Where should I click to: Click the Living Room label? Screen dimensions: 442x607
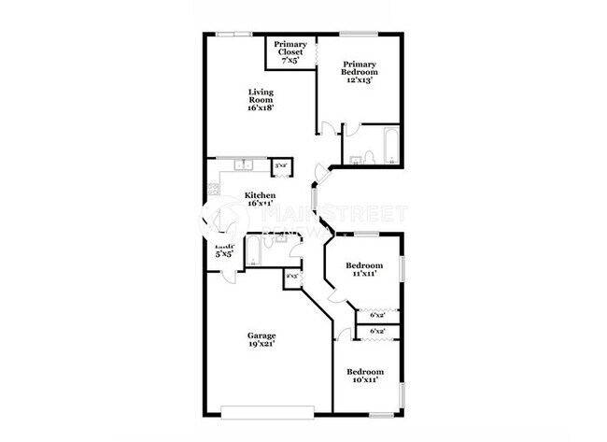pyautogui.click(x=261, y=100)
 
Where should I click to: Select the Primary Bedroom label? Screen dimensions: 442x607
pyautogui.click(x=360, y=72)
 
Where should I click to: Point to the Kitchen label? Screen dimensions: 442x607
pyautogui.click(x=260, y=201)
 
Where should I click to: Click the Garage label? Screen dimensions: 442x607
pyautogui.click(x=261, y=339)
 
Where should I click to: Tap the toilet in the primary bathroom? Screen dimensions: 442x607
pyautogui.click(x=369, y=156)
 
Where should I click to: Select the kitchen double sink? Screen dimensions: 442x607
pyautogui.click(x=245, y=166)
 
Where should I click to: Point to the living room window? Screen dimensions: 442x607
pyautogui.click(x=234, y=35)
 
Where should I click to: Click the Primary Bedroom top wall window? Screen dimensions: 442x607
pyautogui.click(x=359, y=35)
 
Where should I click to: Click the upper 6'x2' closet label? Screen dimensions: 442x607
pyautogui.click(x=378, y=315)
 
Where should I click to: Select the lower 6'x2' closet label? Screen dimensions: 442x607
pyautogui.click(x=378, y=332)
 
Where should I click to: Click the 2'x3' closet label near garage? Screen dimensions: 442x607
pyautogui.click(x=292, y=277)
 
